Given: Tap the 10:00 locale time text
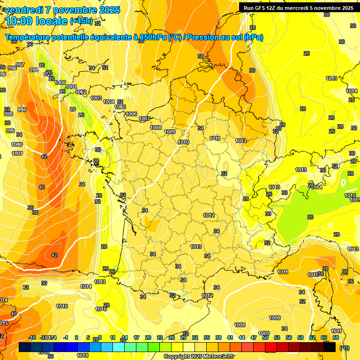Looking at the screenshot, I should click(36, 21).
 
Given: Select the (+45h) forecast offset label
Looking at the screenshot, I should click(81, 21).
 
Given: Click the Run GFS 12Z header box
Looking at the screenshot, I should click(296, 7).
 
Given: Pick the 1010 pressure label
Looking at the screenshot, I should click(183, 142).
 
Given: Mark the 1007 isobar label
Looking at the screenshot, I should click(144, 119).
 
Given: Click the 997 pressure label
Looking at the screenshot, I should click(20, 65).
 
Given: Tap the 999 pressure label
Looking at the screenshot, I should click(10, 131).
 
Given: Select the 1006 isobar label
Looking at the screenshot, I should click(131, 114).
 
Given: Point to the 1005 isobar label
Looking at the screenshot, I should click(120, 107).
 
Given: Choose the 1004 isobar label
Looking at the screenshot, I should click(109, 102).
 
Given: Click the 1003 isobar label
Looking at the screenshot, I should click(96, 98).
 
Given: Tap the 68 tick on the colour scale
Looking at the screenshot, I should click(336, 337).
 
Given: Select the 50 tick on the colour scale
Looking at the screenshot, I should click(265, 337).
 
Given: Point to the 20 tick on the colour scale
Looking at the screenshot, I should click(148, 337).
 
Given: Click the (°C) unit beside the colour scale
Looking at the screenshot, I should click(345, 348).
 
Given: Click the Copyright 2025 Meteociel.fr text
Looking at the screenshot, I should click(199, 357).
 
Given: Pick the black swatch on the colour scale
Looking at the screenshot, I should click(330, 347).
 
